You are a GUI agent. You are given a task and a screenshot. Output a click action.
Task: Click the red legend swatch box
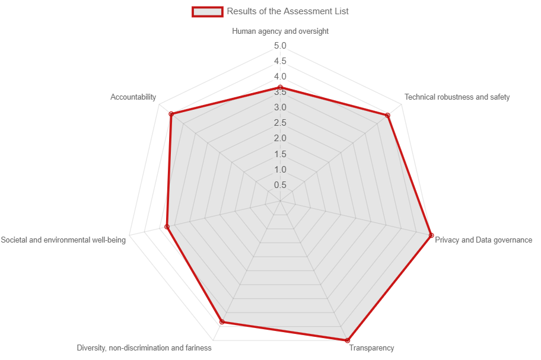click(x=208, y=11)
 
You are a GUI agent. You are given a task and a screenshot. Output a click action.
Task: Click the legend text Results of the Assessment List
click(x=288, y=11)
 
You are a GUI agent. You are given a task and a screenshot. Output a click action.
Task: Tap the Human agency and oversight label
click(x=280, y=31)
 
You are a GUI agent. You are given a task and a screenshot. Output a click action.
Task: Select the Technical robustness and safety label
click(x=457, y=97)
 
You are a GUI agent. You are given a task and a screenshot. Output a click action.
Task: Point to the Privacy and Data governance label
click(x=483, y=240)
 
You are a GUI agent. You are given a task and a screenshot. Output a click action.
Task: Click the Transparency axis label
click(x=371, y=348)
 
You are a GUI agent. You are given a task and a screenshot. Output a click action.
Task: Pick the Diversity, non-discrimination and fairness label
click(x=144, y=348)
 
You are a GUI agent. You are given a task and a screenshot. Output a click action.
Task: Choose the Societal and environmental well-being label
click(x=63, y=240)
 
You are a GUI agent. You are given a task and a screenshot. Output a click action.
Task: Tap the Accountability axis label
click(x=133, y=97)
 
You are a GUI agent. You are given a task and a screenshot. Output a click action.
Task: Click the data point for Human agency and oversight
click(x=280, y=87)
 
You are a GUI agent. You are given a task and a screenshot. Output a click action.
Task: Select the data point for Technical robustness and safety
click(x=388, y=115)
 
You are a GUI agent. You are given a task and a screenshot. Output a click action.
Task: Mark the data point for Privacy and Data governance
click(x=431, y=236)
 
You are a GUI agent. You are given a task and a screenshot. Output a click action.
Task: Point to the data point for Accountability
click(x=171, y=114)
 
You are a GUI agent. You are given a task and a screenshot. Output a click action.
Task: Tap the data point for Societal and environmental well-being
click(x=167, y=227)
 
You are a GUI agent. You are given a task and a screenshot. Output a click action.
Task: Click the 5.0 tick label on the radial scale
click(x=280, y=46)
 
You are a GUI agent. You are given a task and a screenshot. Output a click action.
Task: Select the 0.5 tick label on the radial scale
click(x=280, y=185)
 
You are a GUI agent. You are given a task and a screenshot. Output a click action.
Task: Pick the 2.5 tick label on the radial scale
click(x=280, y=123)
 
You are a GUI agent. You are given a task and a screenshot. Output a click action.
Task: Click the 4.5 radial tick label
click(x=280, y=61)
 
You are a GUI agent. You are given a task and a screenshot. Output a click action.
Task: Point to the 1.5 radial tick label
click(x=280, y=154)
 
